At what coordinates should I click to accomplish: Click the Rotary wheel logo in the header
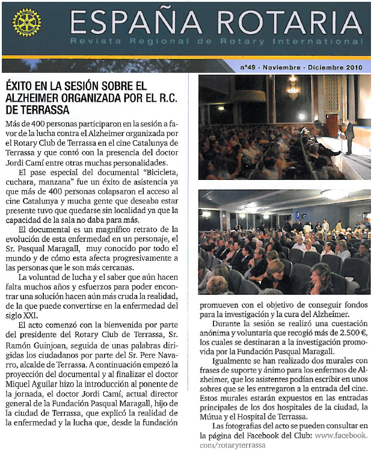(x=26, y=23)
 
